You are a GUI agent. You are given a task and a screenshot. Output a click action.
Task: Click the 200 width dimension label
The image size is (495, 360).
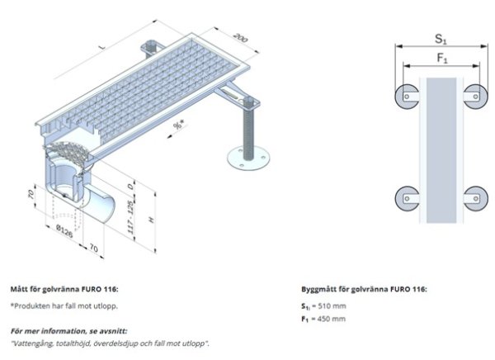pyautogui.click(x=240, y=40)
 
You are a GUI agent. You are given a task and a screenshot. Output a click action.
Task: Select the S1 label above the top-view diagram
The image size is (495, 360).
pyautogui.click(x=441, y=39)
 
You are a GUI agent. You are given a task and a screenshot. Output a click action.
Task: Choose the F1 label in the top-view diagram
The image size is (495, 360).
pyautogui.click(x=441, y=59)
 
